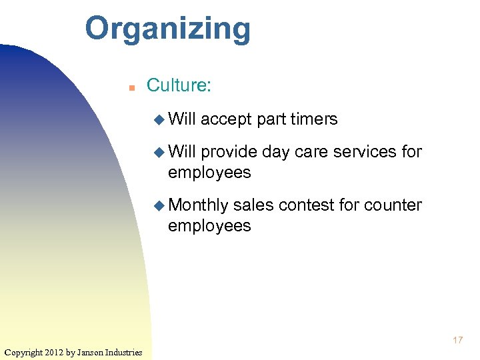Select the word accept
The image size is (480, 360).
[226, 119]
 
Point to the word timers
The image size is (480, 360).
[314, 119]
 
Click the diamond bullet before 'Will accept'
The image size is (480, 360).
[159, 120]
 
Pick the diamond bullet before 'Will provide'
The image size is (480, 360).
[159, 152]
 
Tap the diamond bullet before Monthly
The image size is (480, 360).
[159, 205]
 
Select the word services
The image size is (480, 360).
[365, 152]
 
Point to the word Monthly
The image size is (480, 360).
[198, 205]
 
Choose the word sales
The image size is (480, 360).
[253, 205]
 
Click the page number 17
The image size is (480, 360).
[457, 341]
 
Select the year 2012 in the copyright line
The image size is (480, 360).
[55, 352]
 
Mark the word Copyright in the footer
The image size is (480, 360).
[23, 352]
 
